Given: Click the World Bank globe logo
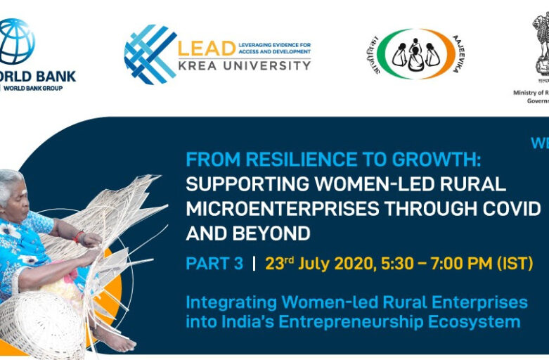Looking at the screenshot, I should click(15, 42).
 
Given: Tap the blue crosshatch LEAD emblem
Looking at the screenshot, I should click(150, 54).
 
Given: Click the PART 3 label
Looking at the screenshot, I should click(214, 264).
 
